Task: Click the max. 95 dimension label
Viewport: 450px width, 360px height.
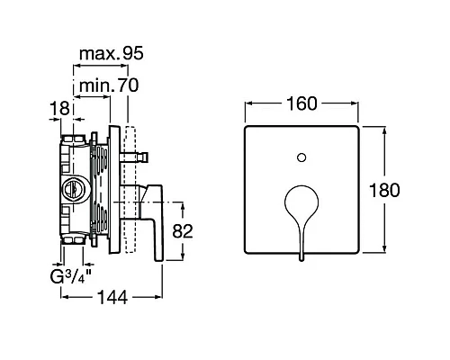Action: [x=112, y=54]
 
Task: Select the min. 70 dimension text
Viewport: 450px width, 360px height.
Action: [x=109, y=85]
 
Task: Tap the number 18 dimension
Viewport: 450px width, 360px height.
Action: [x=59, y=108]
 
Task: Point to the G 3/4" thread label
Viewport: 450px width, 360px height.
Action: [x=70, y=276]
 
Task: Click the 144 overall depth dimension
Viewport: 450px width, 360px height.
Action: [x=112, y=298]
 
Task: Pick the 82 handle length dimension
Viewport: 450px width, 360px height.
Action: [x=183, y=231]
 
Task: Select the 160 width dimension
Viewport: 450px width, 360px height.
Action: [x=301, y=103]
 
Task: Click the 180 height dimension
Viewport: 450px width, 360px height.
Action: [x=384, y=190]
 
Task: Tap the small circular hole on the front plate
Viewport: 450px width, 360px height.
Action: [x=301, y=157]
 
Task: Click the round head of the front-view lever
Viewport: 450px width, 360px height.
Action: [x=301, y=202]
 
